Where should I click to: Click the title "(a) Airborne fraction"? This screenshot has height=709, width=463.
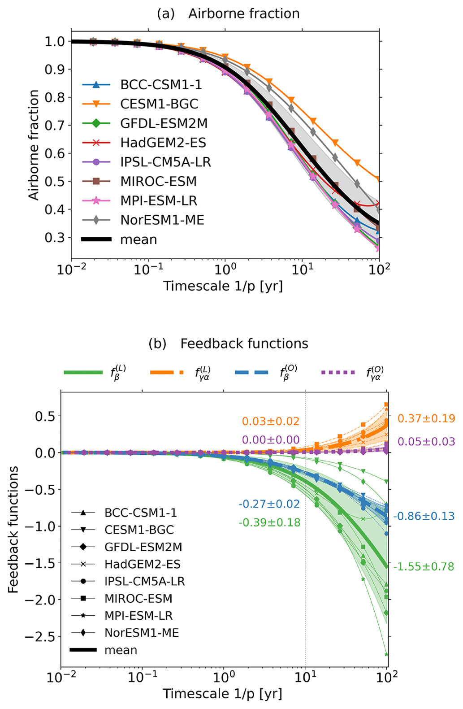(228, 14)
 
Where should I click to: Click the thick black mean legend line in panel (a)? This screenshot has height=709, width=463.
(96, 239)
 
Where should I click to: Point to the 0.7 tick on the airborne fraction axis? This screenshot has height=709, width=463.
(55, 126)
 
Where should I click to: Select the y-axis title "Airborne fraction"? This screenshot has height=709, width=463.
(34, 145)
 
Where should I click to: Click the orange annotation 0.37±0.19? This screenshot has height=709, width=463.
(426, 418)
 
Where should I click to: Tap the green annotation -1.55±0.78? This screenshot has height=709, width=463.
(424, 566)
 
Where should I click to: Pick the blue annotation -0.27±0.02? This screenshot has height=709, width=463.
(269, 504)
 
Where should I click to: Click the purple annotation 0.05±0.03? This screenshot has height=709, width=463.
(426, 441)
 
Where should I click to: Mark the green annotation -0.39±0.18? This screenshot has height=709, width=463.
(269, 522)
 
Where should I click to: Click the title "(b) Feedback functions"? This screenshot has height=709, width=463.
(228, 344)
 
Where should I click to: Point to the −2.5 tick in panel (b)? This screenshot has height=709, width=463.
(42, 636)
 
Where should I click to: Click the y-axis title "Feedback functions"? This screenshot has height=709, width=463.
(13, 529)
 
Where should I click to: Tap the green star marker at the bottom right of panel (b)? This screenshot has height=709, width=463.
(386, 654)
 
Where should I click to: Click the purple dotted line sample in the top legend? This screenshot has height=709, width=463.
(338, 372)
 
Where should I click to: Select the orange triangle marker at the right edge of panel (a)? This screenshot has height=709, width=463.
(379, 179)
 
